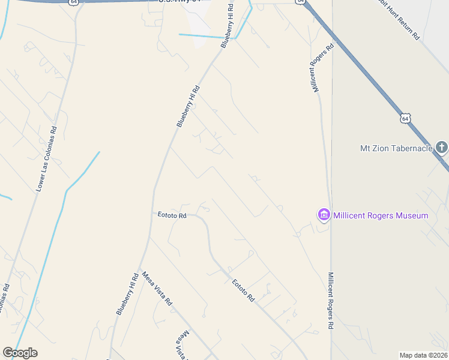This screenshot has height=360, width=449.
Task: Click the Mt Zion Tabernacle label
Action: pos(396,148)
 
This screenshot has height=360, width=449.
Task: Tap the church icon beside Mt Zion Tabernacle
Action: pos(442,148)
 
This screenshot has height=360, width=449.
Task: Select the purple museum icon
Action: pos(324,214)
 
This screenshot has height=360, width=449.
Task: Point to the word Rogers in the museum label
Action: pos(381,215)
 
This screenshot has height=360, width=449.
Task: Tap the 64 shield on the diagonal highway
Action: pos(406,119)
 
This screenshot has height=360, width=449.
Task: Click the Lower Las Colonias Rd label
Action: pos(46,158)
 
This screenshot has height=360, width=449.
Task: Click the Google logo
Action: pos(20,353)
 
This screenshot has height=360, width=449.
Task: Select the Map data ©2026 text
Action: pos(423,355)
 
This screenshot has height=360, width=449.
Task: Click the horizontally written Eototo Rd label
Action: pos(172,215)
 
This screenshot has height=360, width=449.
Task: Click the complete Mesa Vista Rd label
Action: pos(157,289)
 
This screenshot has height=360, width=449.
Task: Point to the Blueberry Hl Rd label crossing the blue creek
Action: pos(226,25)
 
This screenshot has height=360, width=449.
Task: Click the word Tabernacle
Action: pos(412,148)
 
